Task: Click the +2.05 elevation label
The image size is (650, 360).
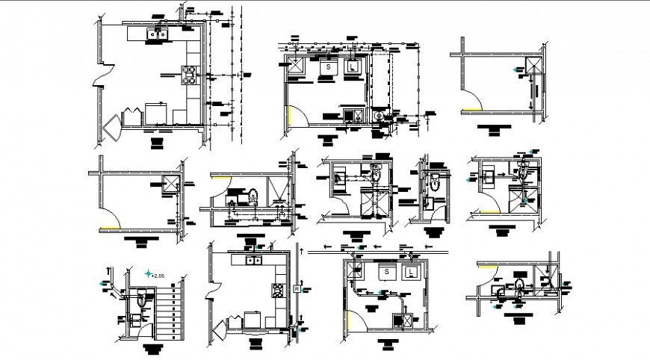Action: coord(157,276)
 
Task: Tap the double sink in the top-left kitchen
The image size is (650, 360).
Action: coord(157,33)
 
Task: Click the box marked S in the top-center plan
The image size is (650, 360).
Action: coord(327,68)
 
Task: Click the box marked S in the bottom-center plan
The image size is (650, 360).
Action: coord(387,273)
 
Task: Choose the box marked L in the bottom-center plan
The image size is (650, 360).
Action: coord(411,273)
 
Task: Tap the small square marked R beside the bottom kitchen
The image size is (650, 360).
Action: coord(297,288)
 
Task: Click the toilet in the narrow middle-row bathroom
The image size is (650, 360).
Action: coord(434,179)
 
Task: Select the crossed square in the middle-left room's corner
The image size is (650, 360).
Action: coord(174,184)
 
